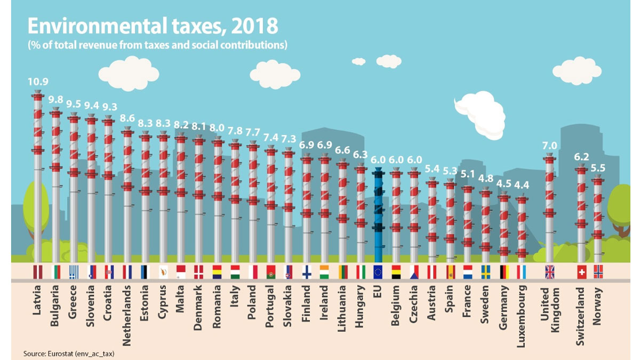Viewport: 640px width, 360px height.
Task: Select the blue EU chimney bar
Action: pyautogui.click(x=378, y=213)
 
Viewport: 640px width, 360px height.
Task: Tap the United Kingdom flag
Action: pyautogui.click(x=550, y=272)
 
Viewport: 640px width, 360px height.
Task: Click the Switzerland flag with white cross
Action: pyautogui.click(x=582, y=272)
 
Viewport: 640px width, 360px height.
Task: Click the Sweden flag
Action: pyautogui.click(x=485, y=272)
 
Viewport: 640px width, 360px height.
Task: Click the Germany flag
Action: pyautogui.click(x=503, y=272)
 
